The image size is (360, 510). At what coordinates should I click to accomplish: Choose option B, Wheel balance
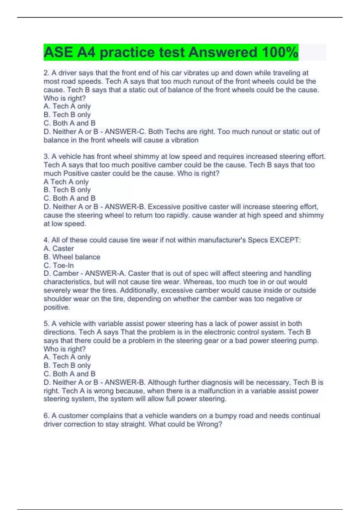tap(72, 257)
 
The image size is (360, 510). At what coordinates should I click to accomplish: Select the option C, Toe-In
tap(59, 265)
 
